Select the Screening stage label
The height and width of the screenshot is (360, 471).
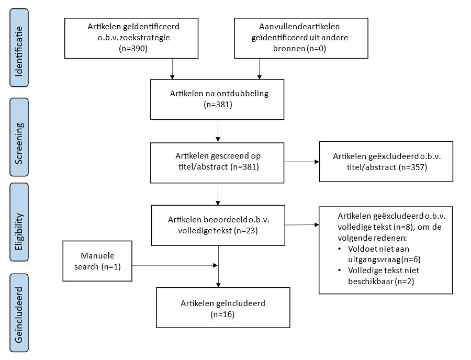point(19,137)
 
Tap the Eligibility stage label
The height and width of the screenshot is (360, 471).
point(19,222)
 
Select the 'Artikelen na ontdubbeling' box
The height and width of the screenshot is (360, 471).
point(217,99)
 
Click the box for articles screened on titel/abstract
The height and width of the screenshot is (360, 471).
point(217,162)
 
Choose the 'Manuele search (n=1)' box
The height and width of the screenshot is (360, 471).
point(97,261)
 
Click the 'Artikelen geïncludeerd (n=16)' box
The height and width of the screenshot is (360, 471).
point(222,308)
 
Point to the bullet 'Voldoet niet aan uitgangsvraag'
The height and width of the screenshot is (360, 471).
point(384,254)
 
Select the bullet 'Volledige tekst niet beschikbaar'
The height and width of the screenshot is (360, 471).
point(384,276)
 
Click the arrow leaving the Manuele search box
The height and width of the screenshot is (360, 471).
point(175,265)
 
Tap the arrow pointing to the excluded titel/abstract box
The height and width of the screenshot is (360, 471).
point(301,162)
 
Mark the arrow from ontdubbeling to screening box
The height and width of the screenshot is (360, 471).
point(218,131)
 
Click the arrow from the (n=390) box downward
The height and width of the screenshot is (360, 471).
point(172,69)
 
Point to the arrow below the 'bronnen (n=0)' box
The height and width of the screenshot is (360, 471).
point(260,69)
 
